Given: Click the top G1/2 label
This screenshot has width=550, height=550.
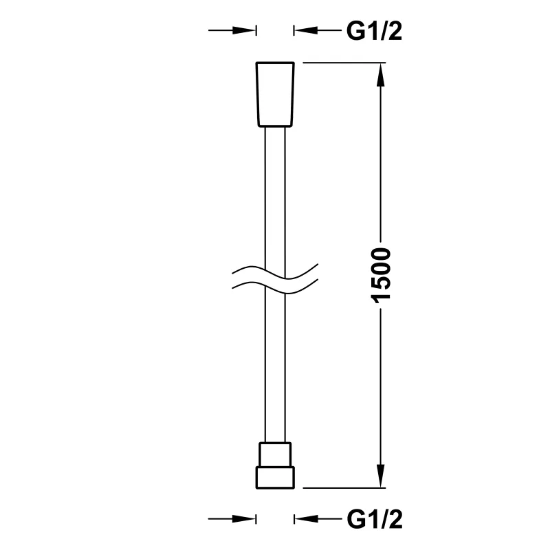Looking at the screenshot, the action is [374, 31].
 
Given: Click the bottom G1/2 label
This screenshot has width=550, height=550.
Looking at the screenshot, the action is [374, 519].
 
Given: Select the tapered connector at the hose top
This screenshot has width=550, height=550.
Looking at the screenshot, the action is [275, 94].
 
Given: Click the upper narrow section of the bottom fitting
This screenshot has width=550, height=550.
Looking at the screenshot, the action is [275, 454].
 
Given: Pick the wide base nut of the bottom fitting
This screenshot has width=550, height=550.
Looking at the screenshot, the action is [275, 477].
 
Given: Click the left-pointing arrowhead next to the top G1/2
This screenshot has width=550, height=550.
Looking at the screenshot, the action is [306, 30].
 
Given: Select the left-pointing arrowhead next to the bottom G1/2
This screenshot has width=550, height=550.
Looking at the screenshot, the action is [306, 519].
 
